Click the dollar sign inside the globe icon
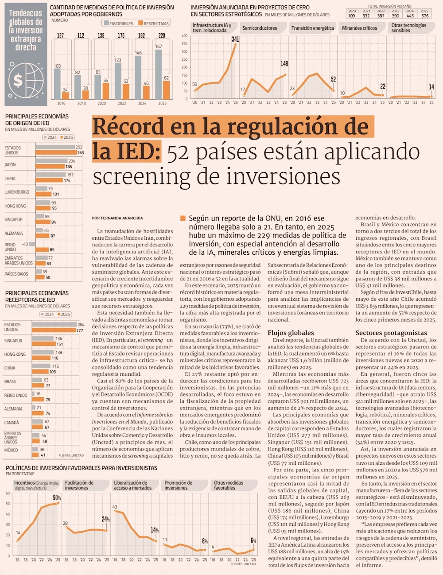(18, 81)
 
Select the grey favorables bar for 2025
(159, 74)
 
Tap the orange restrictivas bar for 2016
(66, 96)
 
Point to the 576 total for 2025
(425, 16)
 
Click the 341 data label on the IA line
(235, 39)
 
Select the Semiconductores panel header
(260, 28)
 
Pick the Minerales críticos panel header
(359, 28)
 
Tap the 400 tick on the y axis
(185, 36)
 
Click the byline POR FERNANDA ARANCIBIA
(117, 218)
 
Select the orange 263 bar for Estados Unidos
(56, 152)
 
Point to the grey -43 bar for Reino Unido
(32, 244)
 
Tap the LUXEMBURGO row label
(17, 192)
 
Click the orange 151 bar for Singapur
(44, 344)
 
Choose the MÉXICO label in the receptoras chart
(11, 450)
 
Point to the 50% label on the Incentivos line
(57, 498)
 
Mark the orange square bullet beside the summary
(183, 218)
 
